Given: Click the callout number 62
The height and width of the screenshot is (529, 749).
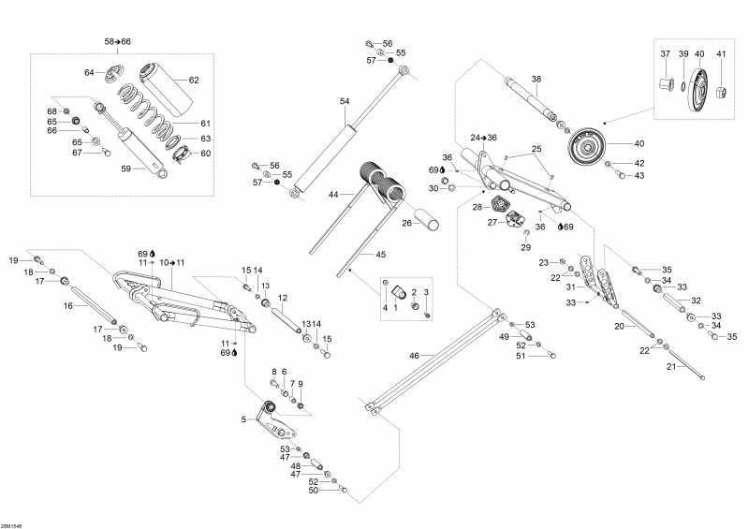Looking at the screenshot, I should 194,81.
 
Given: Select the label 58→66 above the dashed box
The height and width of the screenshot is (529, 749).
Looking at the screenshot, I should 118,42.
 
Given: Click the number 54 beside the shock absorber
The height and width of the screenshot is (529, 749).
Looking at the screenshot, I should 345,100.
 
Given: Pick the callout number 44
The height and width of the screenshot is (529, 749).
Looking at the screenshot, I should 333,194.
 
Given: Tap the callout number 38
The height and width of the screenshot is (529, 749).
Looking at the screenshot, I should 536,80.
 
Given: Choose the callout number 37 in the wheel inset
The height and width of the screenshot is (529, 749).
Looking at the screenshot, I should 666,53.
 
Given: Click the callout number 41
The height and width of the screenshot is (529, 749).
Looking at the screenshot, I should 721,53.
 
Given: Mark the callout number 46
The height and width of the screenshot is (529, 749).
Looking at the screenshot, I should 414,355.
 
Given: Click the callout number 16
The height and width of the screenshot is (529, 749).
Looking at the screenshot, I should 67,305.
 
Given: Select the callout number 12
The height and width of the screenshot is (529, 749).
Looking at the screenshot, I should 282,298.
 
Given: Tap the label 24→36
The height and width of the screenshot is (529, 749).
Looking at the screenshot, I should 484,138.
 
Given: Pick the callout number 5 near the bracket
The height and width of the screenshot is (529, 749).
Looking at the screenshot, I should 242,419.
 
